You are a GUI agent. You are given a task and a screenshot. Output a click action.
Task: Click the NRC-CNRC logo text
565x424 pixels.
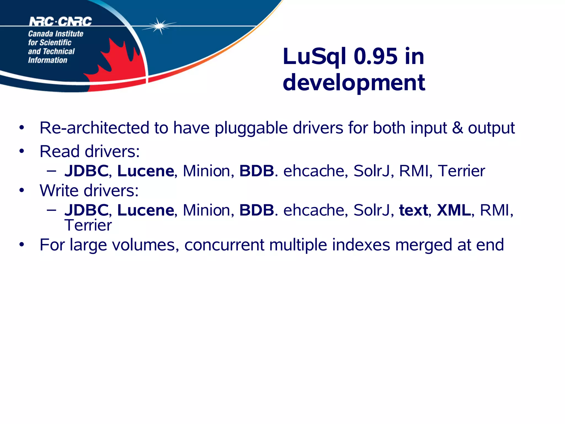click(x=60, y=22)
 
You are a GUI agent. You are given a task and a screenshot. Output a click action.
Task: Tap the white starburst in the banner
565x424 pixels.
click(x=159, y=26)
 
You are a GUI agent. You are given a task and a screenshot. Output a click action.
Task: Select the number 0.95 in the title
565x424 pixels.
click(x=375, y=56)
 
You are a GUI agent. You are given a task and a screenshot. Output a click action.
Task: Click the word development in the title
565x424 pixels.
click(x=354, y=83)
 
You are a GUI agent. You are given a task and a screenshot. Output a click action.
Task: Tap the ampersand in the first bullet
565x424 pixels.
click(x=457, y=128)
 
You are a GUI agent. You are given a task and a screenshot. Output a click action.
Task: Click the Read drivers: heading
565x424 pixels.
click(x=90, y=152)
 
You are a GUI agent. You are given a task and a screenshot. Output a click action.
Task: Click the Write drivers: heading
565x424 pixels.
click(x=89, y=190)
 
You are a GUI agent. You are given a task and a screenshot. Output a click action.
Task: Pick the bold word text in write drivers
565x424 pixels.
click(x=413, y=210)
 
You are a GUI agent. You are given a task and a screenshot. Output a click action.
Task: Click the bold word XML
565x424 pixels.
click(x=454, y=210)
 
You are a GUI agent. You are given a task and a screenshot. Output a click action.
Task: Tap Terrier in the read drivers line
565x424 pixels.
click(x=461, y=171)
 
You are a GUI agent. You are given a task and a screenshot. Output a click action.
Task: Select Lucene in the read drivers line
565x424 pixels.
click(x=146, y=171)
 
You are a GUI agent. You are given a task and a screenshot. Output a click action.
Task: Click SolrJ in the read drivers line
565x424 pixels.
click(x=372, y=171)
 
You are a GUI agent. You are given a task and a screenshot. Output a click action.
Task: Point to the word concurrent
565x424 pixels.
click(x=224, y=245)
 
